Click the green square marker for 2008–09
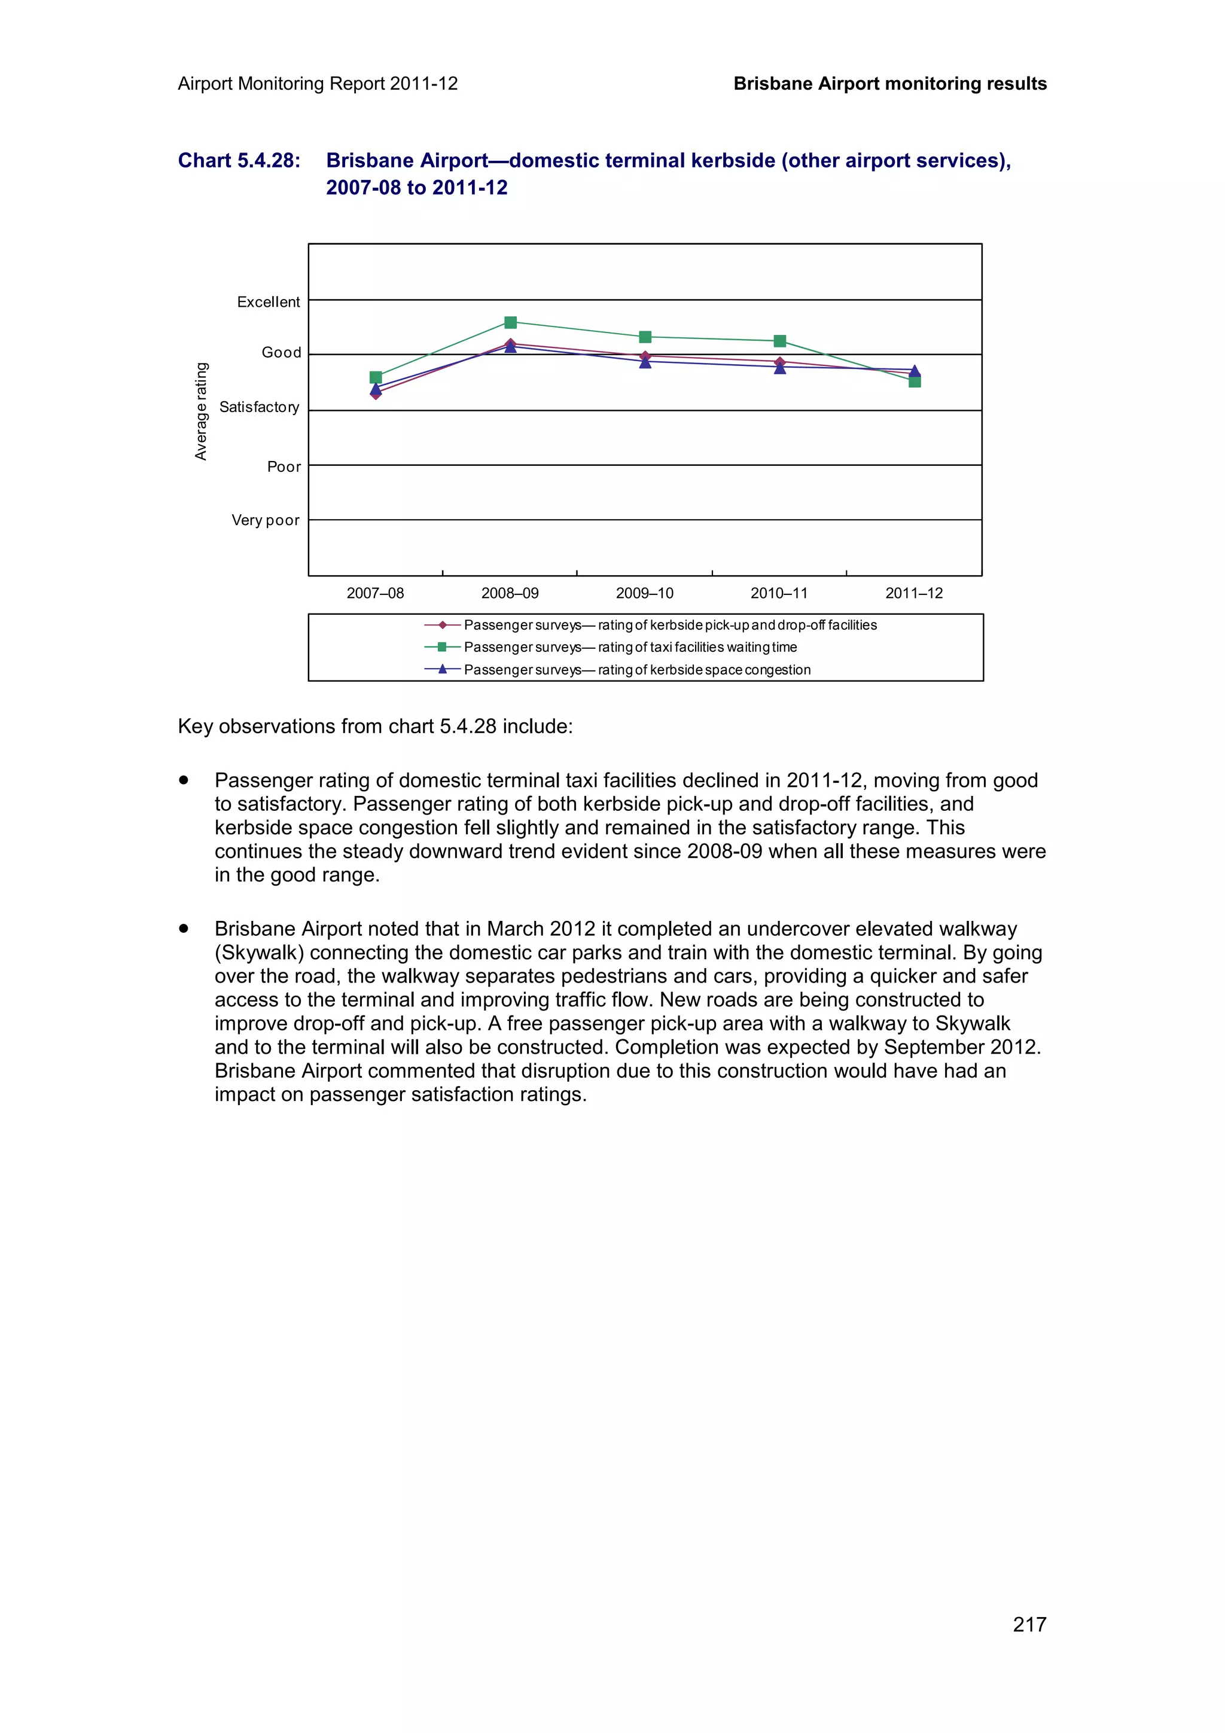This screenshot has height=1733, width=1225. pos(510,322)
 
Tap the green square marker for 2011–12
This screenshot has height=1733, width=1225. pos(914,381)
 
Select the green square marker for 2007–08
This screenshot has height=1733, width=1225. pos(376,377)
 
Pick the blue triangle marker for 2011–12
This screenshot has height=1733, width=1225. pos(914,371)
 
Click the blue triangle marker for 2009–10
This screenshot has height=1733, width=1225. pos(645,362)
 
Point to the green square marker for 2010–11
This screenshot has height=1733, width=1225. pos(780,341)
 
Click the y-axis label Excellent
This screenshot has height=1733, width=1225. pos(268,302)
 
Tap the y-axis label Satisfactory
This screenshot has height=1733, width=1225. pos(259,408)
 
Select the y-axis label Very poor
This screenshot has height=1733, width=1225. pos(265,520)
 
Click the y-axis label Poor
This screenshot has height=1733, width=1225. pos(284,466)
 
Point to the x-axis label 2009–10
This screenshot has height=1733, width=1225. pos(645,593)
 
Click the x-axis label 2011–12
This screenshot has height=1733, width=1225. pos(913,593)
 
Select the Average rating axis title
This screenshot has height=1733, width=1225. pos(201,411)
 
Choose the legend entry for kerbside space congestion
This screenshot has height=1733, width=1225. pos(636,670)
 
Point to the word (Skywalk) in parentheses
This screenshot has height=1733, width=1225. pos(259,953)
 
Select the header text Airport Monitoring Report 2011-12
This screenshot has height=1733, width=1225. pos(318,84)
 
